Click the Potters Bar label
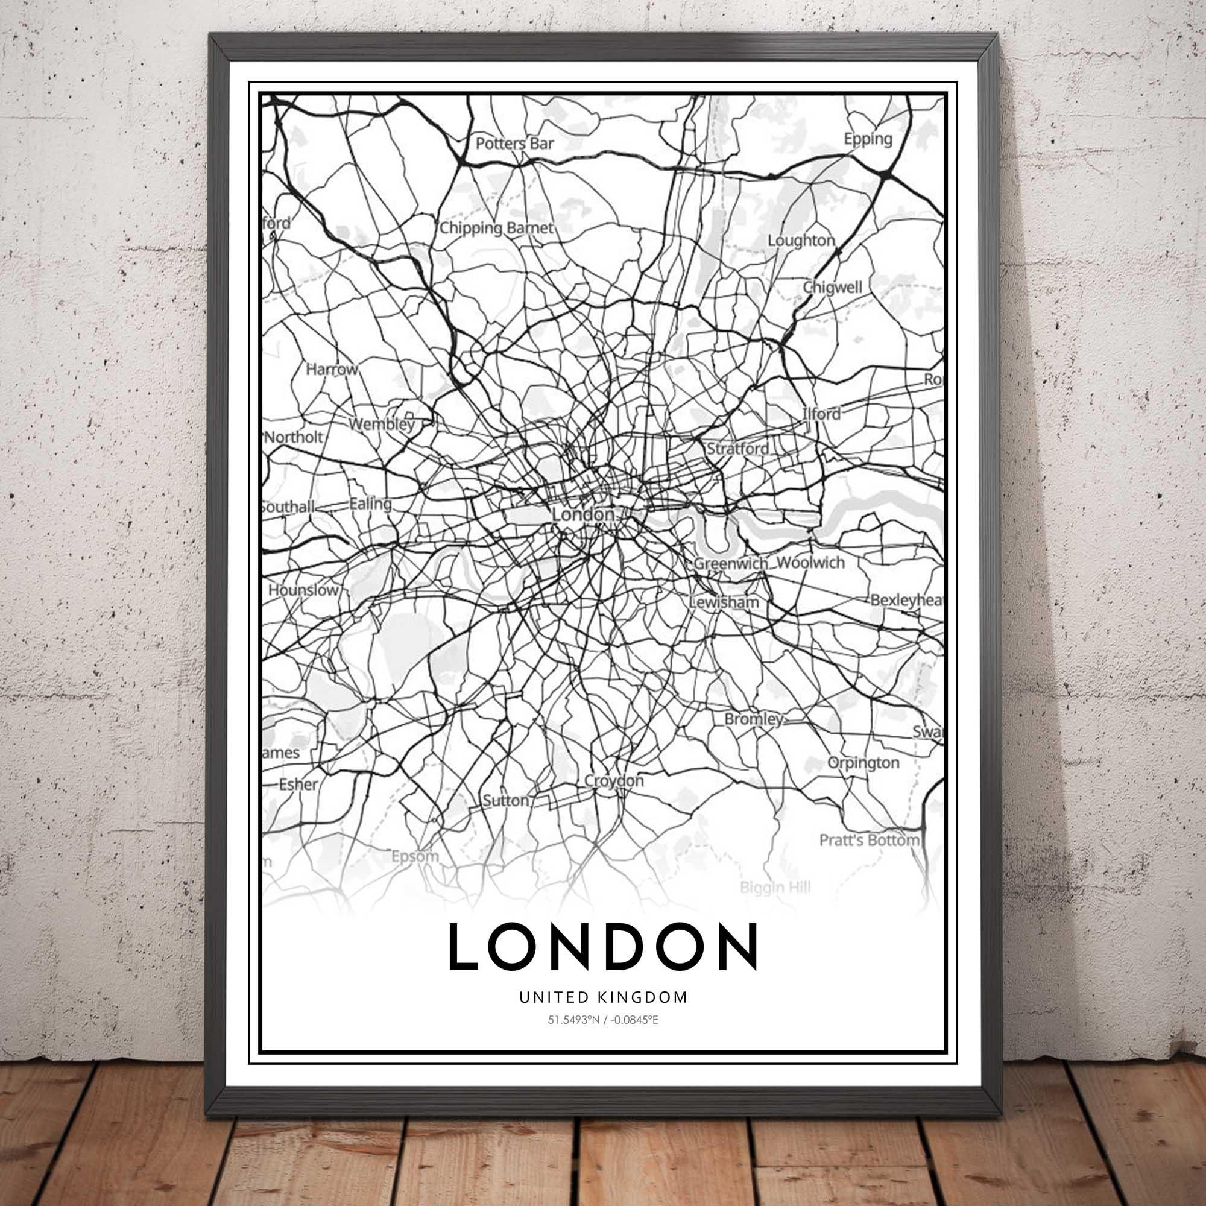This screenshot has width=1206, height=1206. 514,144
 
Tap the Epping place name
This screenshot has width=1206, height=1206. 868,139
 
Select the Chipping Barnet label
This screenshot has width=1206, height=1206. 496,228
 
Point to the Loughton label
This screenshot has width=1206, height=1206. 801,241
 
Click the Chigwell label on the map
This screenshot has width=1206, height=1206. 832,287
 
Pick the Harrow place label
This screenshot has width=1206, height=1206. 332,369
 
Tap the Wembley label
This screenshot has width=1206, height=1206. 382,425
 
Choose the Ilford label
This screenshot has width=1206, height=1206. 821,413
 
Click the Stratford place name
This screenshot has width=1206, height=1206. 737,448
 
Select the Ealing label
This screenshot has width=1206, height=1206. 370,503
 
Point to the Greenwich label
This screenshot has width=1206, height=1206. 730,563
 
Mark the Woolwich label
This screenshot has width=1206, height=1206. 811,563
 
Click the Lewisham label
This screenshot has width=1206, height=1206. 724,602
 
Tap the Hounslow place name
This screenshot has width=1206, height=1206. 303,590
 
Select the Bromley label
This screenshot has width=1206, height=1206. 753,719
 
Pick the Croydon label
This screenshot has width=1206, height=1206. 614,781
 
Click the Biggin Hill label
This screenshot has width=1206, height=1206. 775,887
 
